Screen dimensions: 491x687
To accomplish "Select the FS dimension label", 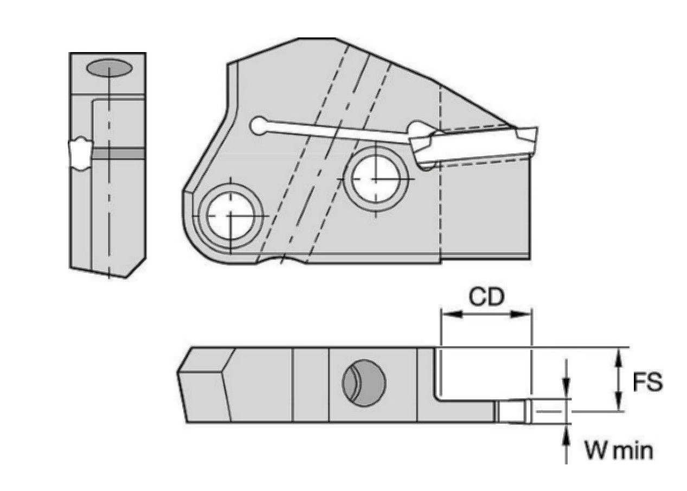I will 648,382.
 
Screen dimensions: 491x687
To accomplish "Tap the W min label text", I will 619,450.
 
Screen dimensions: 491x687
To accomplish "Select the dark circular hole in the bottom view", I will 364,382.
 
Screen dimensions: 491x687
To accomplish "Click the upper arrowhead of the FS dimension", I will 618,355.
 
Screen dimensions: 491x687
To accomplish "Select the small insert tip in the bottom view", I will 513,412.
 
